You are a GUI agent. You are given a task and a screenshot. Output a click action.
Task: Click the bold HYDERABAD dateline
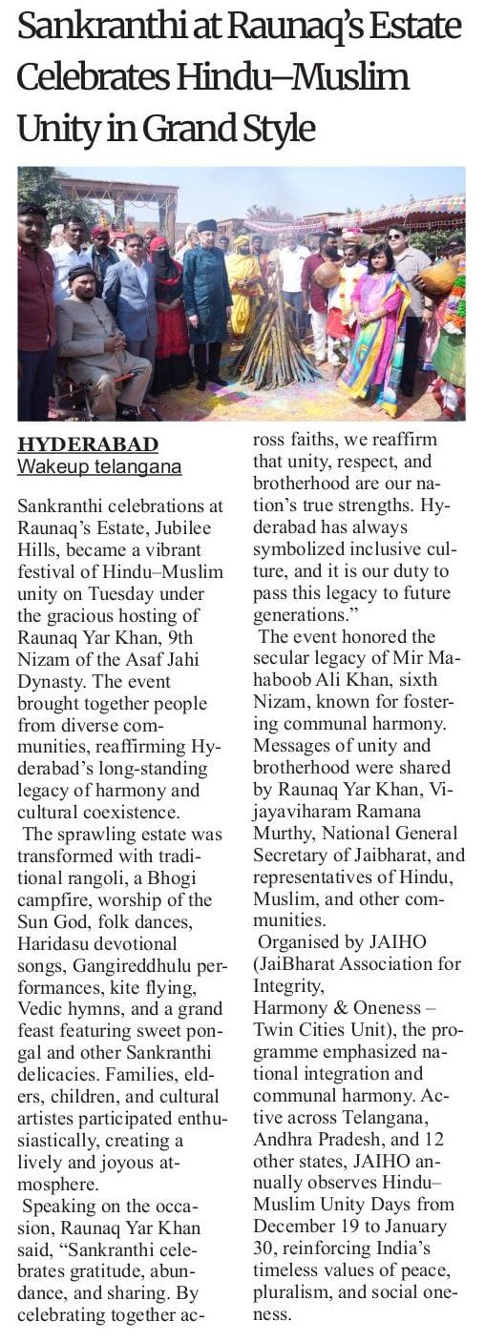[89, 445]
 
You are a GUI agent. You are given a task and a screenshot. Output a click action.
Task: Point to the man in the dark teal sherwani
[207, 296]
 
